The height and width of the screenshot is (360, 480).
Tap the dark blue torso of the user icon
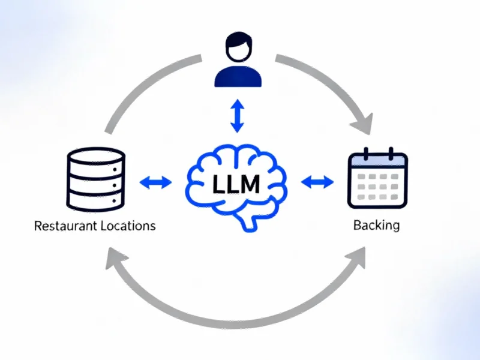coord(238,77)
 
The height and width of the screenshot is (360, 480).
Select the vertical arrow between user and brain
coord(238,116)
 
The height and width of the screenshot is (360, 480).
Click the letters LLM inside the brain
coord(236,184)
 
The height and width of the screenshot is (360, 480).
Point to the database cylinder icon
coord(96,179)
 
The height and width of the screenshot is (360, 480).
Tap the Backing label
coord(376,226)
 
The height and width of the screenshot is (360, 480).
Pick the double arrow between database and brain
coord(155,182)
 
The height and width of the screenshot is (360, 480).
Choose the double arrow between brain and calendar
coord(317,182)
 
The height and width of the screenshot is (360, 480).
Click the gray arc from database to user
coord(144,84)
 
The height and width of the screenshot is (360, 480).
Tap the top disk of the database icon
coord(96,158)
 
